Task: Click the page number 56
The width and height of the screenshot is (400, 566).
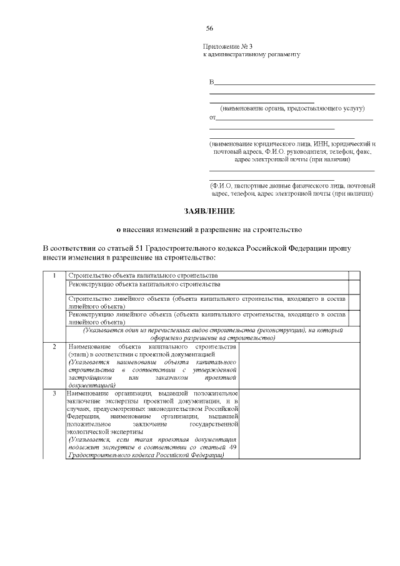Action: [209, 29]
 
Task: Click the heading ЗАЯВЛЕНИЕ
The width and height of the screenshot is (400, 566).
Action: [201, 211]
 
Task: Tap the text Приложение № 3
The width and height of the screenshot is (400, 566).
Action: [227, 47]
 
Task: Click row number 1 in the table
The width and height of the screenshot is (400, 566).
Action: [54, 276]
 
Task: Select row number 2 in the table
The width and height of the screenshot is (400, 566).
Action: [54, 346]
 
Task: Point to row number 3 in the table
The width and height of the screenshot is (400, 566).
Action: [54, 393]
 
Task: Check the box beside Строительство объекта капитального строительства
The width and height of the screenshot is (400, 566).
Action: [354, 276]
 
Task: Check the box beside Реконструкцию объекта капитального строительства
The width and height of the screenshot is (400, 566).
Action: [354, 286]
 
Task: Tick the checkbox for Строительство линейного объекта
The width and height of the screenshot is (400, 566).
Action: [354, 302]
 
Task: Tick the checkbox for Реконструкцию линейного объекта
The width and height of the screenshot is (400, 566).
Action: [354, 318]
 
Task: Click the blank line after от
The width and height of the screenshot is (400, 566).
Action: [294, 118]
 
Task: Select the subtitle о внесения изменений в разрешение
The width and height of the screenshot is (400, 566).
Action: [201, 230]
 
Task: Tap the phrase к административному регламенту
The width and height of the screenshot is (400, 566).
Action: [252, 55]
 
